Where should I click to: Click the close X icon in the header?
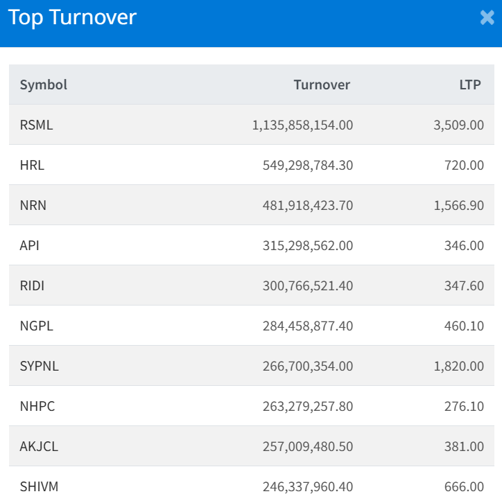[x=487, y=18]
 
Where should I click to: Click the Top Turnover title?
[x=72, y=17]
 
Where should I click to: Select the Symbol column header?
[x=44, y=85]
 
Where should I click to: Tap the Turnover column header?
[x=322, y=85]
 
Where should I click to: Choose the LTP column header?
[x=470, y=85]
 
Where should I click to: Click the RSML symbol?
[x=36, y=125]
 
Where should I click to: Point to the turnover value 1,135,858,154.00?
[x=302, y=125]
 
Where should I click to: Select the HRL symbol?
[x=32, y=166]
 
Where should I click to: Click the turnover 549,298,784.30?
[x=308, y=166]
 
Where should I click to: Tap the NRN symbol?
[x=33, y=206]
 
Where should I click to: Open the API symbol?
[x=30, y=246]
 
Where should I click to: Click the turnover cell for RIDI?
[x=308, y=286]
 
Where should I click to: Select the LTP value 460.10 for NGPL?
[x=464, y=326]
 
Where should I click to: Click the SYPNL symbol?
[x=39, y=367]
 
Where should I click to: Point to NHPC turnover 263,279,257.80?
[x=308, y=407]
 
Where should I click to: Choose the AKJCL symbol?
[x=39, y=447]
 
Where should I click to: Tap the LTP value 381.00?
[x=464, y=447]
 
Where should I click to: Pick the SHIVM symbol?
[x=39, y=487]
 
